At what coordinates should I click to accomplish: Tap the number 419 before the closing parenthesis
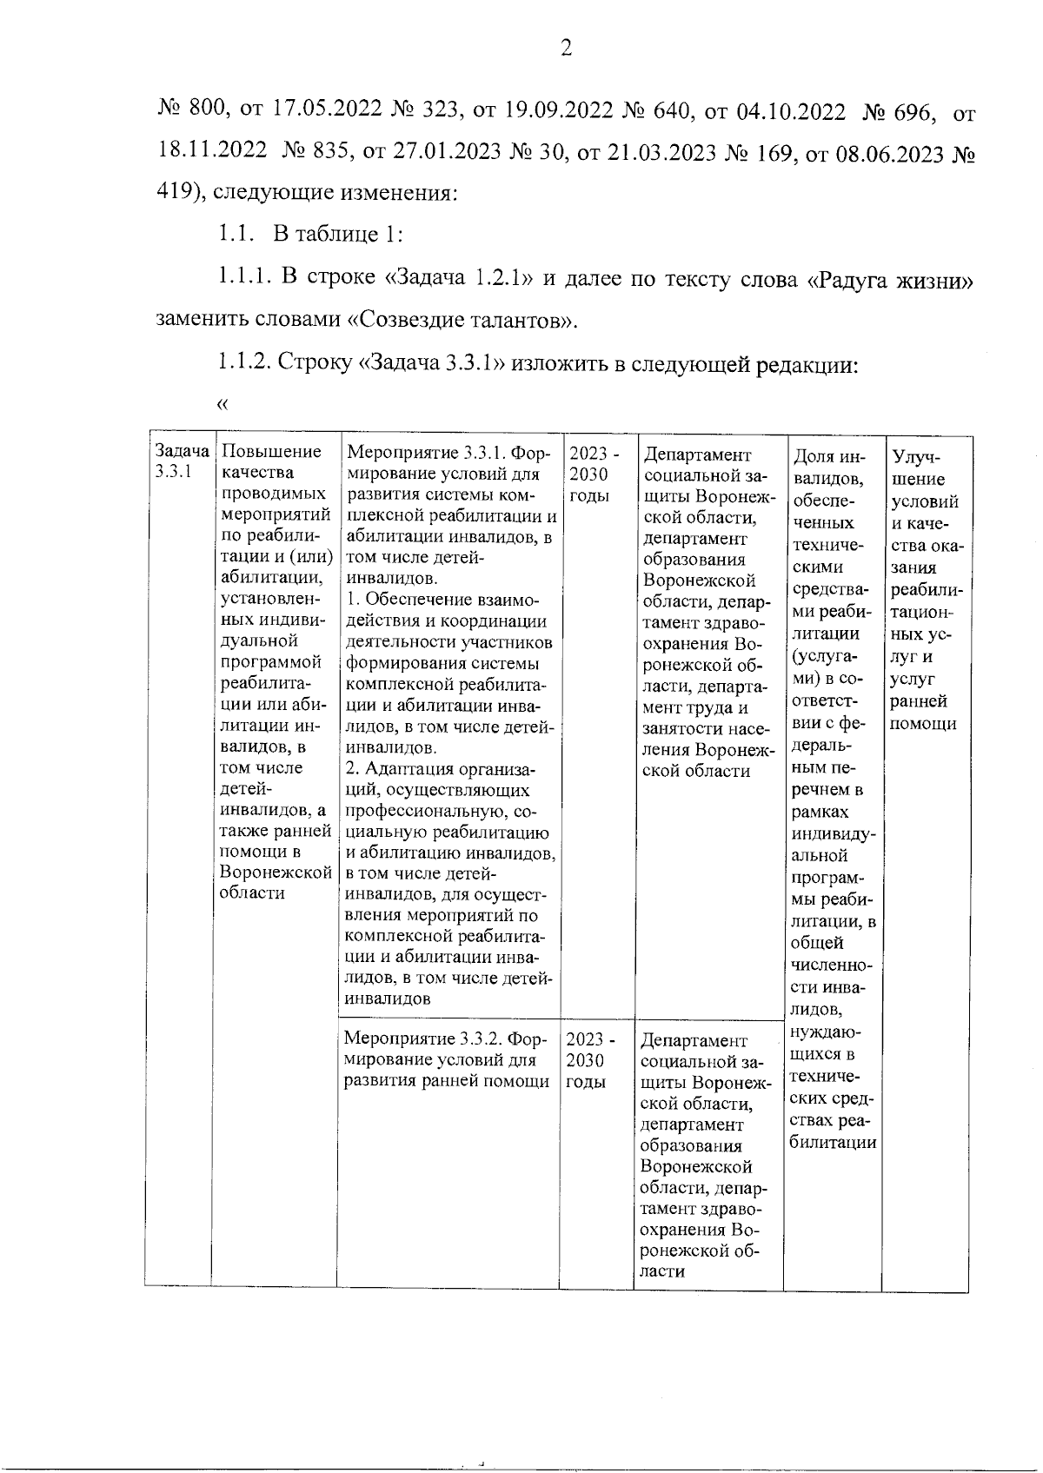pyautogui.click(x=173, y=192)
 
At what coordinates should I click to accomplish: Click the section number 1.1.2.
pyautogui.click(x=247, y=363)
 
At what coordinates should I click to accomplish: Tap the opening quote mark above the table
pyautogui.click(x=223, y=403)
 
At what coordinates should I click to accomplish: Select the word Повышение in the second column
pyautogui.click(x=271, y=451)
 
